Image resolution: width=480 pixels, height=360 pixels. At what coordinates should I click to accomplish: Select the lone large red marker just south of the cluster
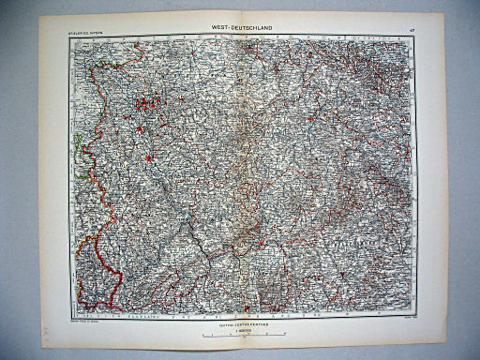[148, 159]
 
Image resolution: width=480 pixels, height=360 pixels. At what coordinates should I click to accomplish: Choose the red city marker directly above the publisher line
[246, 307]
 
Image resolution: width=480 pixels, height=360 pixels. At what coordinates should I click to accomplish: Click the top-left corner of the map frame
[67, 38]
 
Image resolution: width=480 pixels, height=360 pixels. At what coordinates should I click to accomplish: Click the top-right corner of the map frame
[413, 38]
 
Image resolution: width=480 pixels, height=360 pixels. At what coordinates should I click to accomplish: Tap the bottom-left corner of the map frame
[70, 313]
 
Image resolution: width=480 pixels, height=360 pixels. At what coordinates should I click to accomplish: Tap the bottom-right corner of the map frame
[413, 313]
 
